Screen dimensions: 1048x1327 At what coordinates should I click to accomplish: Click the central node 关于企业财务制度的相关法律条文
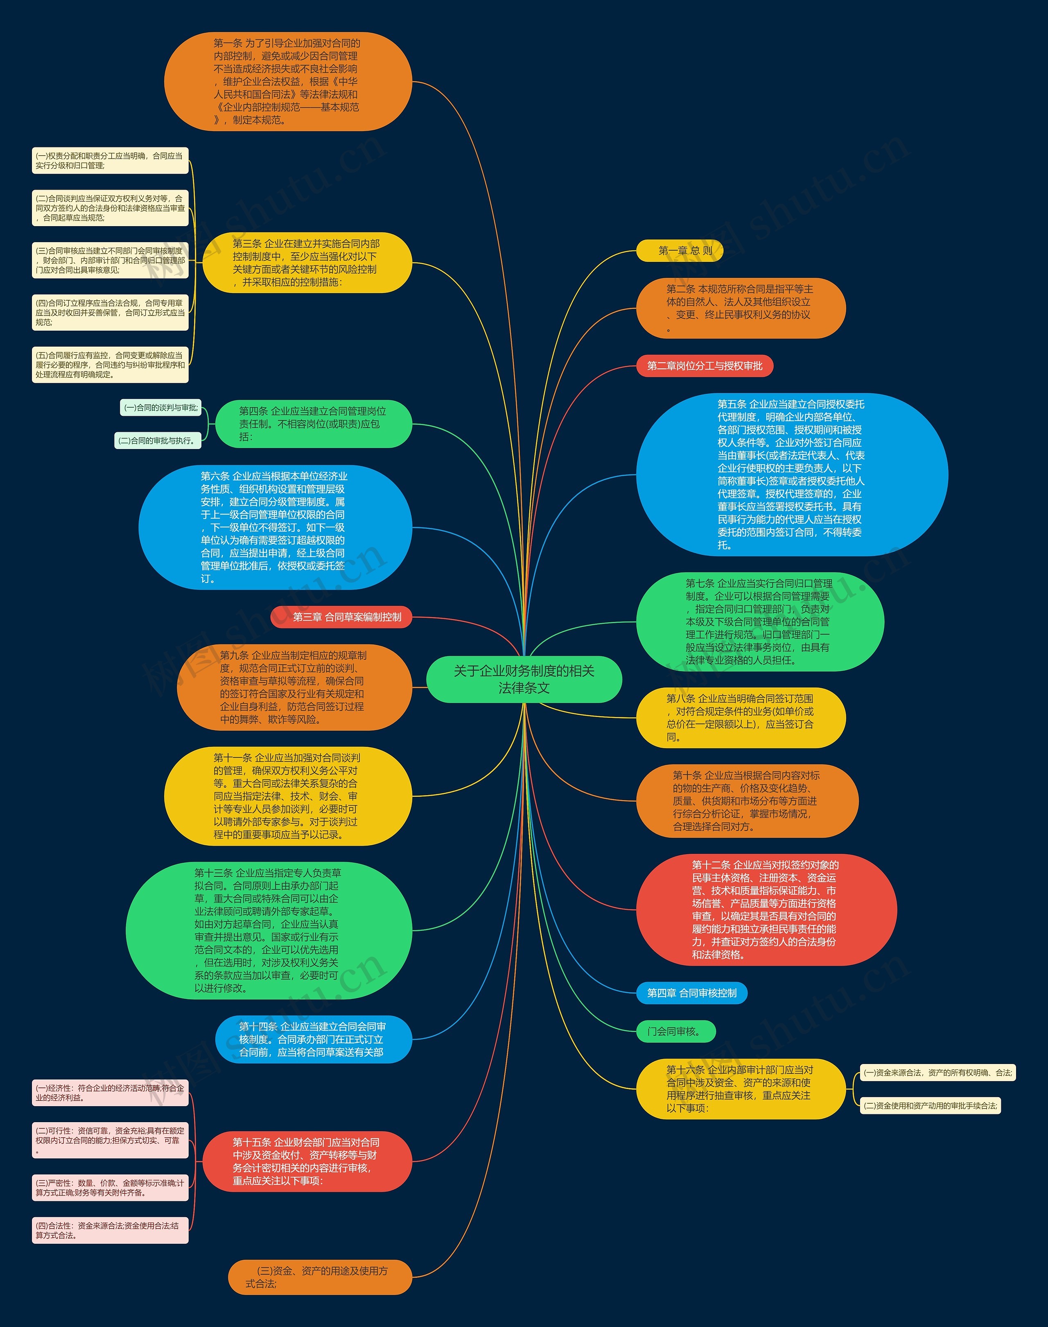524,679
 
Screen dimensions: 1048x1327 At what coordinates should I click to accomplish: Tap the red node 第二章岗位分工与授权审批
705,366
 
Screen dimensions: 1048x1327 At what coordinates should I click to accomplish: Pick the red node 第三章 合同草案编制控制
341,617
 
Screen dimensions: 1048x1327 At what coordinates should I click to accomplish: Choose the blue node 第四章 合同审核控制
691,993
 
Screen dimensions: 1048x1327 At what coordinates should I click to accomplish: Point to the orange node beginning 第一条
288,82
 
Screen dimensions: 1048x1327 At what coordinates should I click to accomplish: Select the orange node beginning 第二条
741,308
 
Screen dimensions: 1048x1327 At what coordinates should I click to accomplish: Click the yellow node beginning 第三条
307,263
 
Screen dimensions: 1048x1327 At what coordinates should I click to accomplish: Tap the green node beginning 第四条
313,424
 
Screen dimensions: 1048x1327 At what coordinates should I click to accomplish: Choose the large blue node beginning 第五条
791,475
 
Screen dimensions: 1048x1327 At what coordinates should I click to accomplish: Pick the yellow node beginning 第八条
741,718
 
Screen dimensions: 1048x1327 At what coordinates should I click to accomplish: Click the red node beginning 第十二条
766,910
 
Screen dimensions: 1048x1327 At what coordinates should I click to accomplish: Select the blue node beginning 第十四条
313,1039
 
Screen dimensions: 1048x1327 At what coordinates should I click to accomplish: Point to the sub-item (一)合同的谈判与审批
161,408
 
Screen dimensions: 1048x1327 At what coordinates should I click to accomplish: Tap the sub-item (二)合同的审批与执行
158,440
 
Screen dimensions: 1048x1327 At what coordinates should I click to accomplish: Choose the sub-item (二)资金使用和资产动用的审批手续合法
930,1106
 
